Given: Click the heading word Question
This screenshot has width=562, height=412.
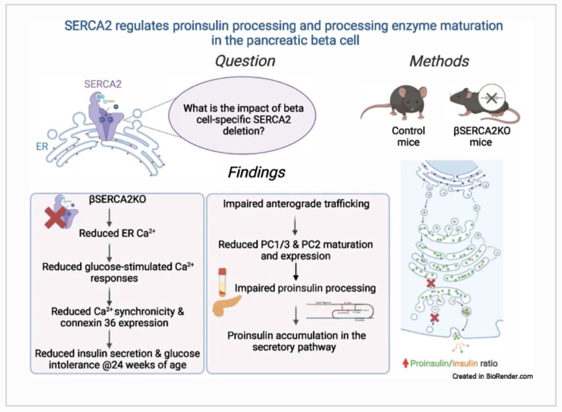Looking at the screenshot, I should tap(245, 61).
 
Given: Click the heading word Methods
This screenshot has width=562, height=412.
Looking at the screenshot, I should tap(439, 61).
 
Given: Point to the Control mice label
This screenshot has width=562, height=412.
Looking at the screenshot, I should tap(408, 137).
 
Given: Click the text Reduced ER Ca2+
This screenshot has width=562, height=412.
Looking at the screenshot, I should tap(114, 233).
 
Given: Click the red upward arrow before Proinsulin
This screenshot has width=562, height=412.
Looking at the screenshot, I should tap(405, 364).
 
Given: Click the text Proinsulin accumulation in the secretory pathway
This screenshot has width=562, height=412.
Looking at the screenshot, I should tap(296, 341).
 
